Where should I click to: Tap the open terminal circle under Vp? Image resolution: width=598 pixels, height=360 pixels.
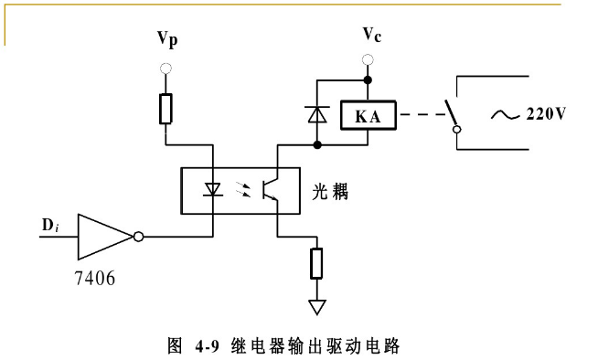point(166,69)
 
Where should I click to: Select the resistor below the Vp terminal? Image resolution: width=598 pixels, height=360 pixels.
point(166,108)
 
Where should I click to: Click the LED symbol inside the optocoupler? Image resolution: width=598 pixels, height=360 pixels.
point(213,190)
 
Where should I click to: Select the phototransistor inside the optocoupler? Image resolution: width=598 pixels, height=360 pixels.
point(269,190)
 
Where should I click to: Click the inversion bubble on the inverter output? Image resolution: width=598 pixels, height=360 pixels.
point(138,238)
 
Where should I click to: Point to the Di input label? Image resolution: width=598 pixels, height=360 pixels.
point(49,225)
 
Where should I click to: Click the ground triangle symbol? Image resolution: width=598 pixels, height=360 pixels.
point(316,306)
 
